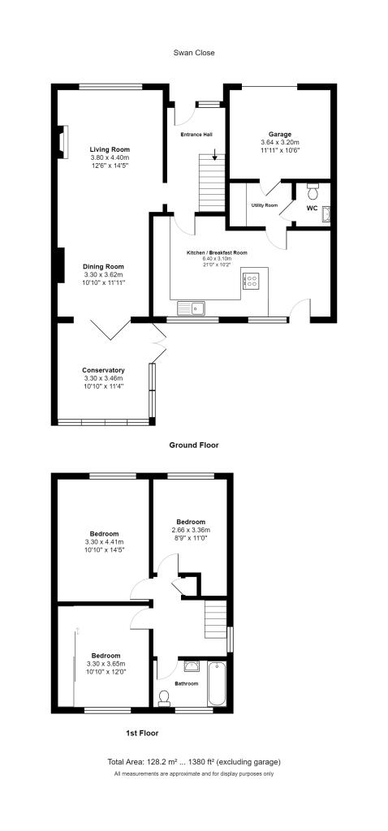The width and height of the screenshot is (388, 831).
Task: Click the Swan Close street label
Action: [x=194, y=53]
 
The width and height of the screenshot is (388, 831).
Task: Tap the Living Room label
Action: [x=110, y=149]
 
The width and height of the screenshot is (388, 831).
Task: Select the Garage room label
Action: [x=280, y=135]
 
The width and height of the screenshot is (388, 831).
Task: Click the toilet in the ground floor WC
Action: [x=313, y=188]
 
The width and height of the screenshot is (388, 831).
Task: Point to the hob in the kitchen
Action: [x=249, y=280]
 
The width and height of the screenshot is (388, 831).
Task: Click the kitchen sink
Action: [x=192, y=308]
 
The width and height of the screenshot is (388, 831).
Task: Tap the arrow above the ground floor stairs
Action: [x=214, y=154]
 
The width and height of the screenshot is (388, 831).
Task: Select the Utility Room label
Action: [x=265, y=205]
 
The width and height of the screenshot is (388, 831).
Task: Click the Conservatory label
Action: [x=103, y=370]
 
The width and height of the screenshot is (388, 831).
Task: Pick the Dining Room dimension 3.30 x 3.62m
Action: [x=103, y=274]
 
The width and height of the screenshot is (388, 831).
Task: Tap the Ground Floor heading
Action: [x=194, y=446]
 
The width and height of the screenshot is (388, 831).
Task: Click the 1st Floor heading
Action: [x=142, y=734]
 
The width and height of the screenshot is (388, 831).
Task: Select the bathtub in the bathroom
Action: [x=217, y=683]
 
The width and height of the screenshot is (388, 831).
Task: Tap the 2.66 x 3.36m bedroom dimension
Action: [x=191, y=530]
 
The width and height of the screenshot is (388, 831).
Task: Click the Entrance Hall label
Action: [x=196, y=136]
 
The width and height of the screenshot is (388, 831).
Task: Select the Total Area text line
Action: [x=194, y=762]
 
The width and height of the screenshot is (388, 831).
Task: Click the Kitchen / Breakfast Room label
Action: [x=217, y=253]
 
